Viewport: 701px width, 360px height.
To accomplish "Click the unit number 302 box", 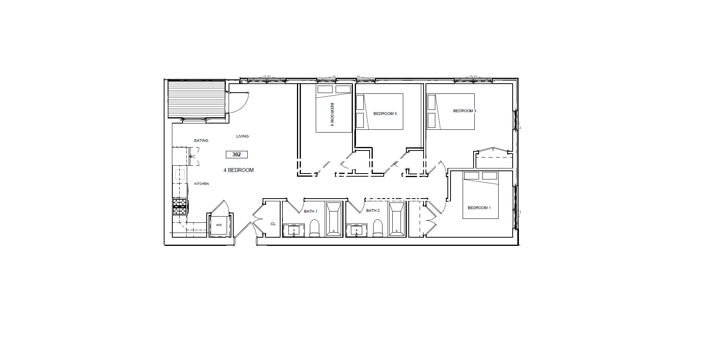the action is tap(236, 154).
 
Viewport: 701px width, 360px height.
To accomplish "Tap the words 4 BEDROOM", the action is tap(238, 170).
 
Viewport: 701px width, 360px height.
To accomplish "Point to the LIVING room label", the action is tap(242, 136).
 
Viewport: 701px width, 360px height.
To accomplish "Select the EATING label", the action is tap(201, 141).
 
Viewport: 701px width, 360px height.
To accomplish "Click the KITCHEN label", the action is tap(202, 184).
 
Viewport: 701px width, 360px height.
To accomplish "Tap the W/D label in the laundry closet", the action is tap(219, 225).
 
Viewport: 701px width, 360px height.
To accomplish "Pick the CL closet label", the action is tap(273, 224).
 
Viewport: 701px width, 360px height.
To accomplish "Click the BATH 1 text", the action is tap(311, 211).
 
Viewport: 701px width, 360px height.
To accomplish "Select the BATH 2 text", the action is tap(373, 211).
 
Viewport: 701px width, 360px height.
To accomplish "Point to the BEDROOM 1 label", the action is tap(479, 208).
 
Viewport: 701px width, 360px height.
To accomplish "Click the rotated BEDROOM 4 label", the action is tap(332, 114).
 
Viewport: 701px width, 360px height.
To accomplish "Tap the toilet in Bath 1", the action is tap(315, 228).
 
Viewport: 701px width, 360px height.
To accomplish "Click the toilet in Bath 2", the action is tap(378, 228).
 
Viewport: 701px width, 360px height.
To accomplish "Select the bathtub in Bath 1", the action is tap(334, 219).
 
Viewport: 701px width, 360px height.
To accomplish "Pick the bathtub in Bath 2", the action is tap(397, 219).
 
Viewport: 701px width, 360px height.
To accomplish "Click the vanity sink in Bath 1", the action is tap(294, 231).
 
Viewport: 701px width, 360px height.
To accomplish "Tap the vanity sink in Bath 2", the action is tap(356, 231).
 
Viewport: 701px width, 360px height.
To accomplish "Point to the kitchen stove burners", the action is tap(180, 206).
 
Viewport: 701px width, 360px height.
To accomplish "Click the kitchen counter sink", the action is tap(180, 174).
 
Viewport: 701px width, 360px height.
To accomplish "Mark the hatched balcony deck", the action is tap(197, 99).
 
